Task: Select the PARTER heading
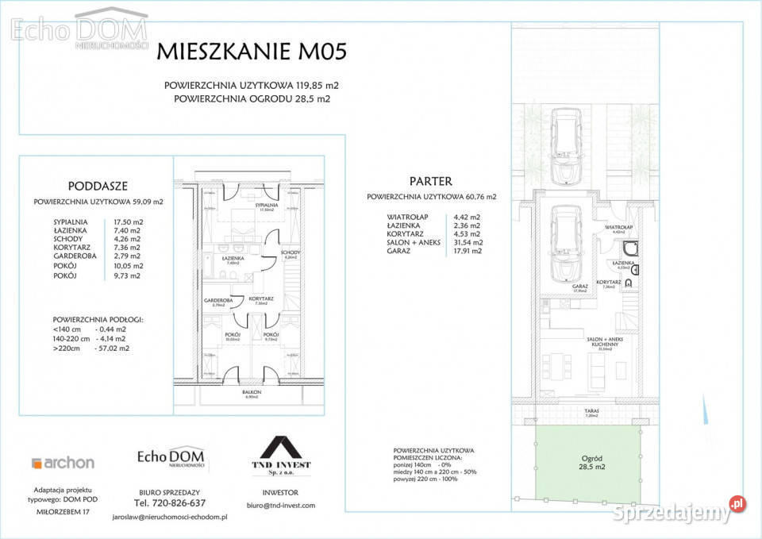pyautogui.click(x=431, y=181)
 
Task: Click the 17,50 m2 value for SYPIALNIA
pyautogui.click(x=127, y=222)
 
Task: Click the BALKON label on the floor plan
pyautogui.click(x=252, y=393)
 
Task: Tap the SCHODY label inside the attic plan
pyautogui.click(x=290, y=254)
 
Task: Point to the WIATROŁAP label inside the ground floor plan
pyautogui.click(x=618, y=227)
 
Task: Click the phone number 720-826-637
pyautogui.click(x=170, y=503)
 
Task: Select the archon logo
pyautogui.click(x=63, y=463)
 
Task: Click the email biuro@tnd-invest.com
pyautogui.click(x=281, y=506)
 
